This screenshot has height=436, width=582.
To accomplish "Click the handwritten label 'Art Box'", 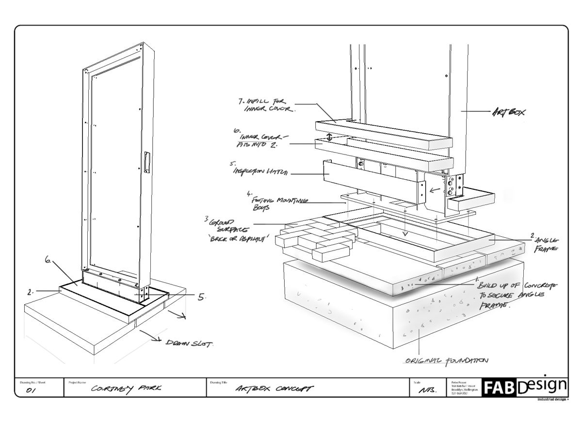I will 509,112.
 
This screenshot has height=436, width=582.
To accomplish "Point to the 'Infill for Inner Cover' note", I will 270,105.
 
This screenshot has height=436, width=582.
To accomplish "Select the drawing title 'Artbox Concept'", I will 274,389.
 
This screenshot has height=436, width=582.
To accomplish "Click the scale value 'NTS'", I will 426,390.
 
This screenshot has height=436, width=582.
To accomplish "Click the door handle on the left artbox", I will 146,162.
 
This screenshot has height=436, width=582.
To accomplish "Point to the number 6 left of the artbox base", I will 48,260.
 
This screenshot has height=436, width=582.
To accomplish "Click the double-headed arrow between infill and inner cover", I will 330,137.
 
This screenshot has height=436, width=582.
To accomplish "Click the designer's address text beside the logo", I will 464,388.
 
